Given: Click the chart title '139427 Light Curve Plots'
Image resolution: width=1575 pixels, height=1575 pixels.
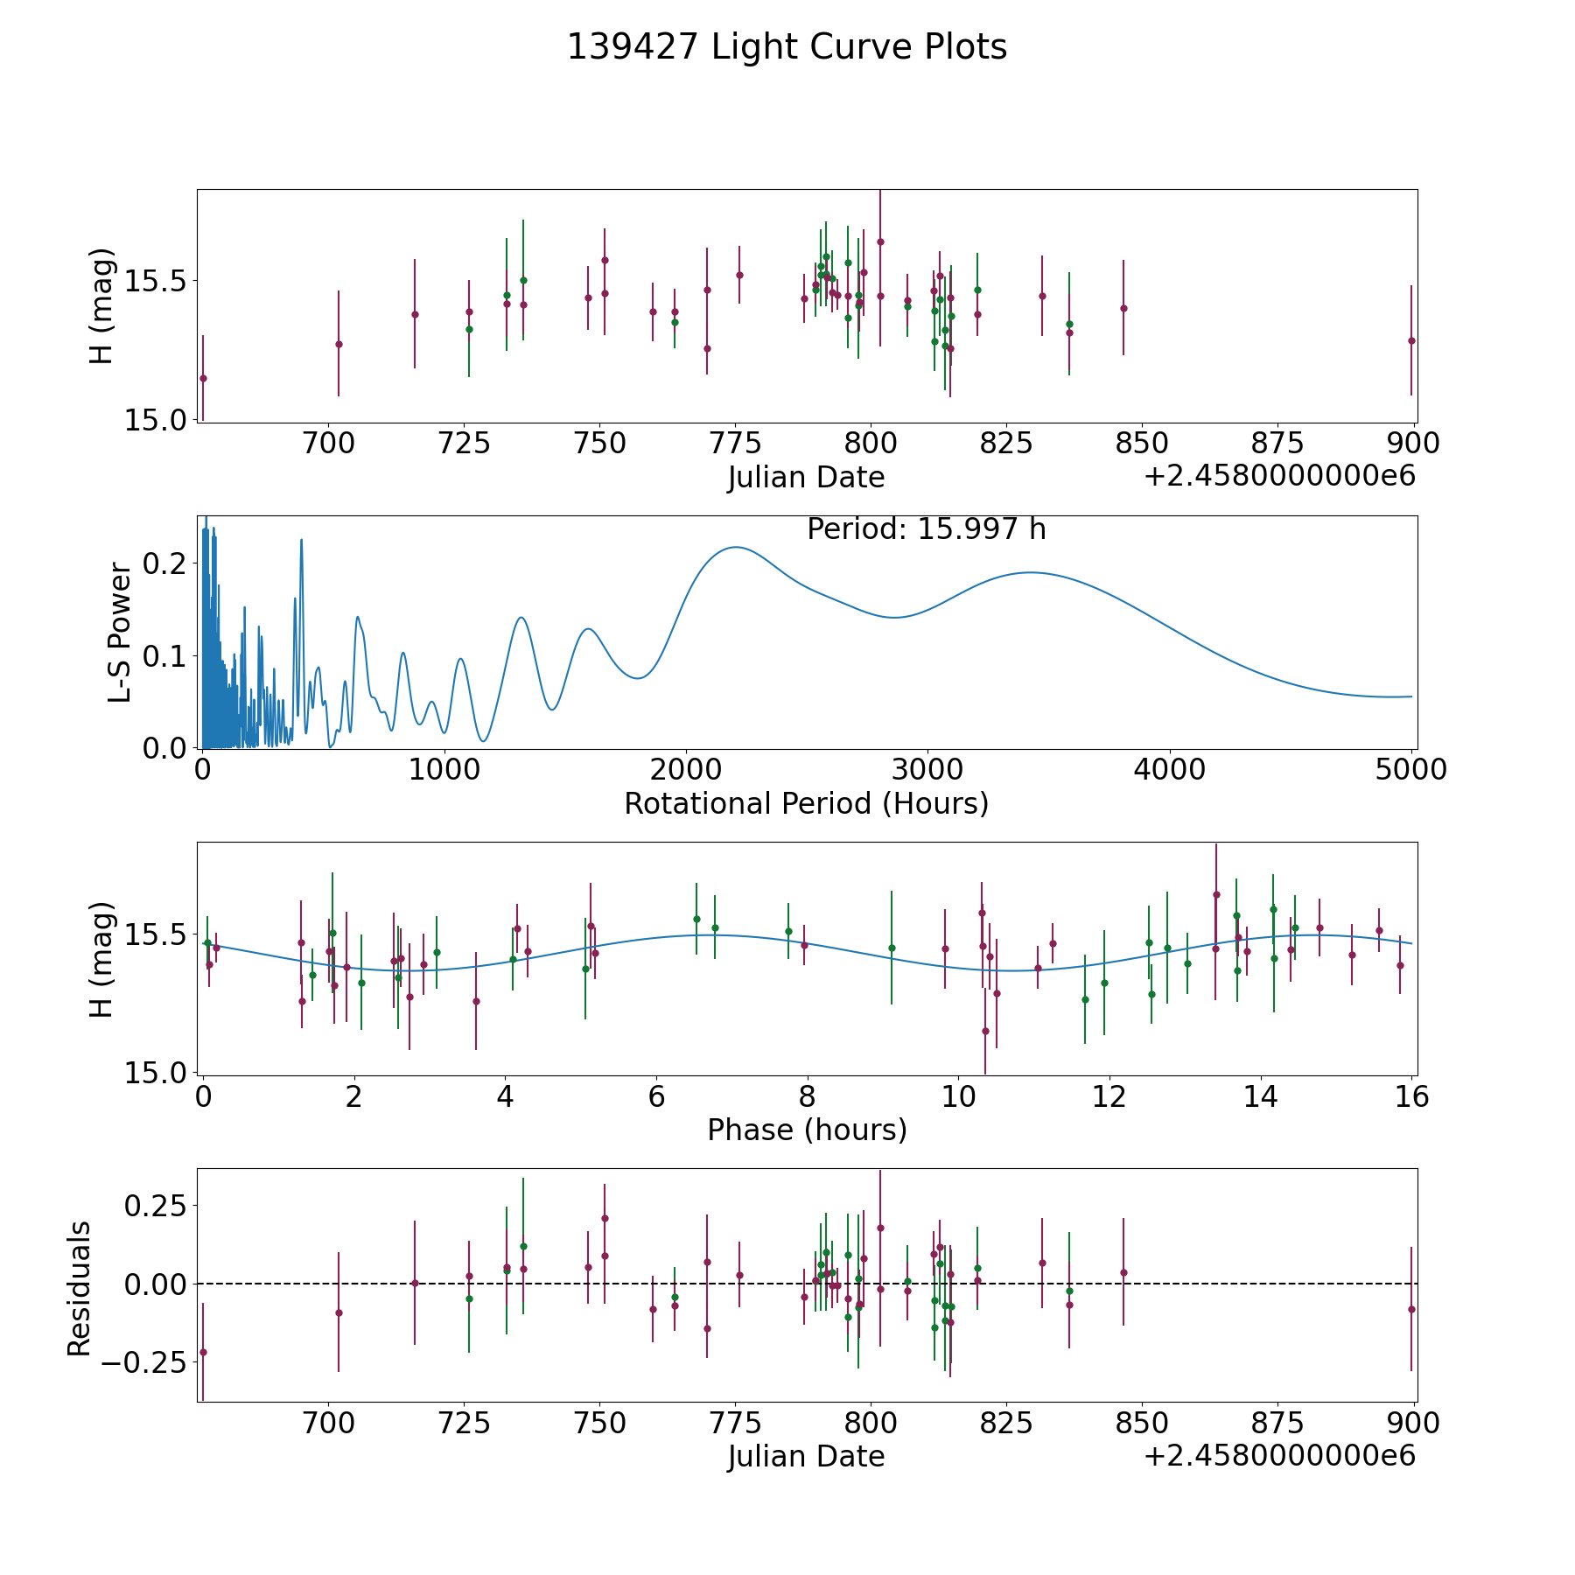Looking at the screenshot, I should [x=787, y=47].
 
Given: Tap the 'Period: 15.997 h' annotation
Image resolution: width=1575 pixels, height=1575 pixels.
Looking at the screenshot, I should [x=926, y=529].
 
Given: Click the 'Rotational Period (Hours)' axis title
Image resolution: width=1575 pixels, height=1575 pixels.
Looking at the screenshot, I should [x=806, y=803].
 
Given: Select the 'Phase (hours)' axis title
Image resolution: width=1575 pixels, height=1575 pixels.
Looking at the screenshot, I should [x=807, y=1130].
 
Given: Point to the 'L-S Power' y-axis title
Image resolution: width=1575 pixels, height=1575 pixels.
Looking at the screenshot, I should [x=120, y=633].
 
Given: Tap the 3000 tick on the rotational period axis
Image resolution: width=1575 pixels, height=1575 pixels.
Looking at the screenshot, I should [x=927, y=770].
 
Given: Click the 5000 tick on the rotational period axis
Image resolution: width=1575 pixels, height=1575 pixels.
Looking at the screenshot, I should [x=1410, y=770].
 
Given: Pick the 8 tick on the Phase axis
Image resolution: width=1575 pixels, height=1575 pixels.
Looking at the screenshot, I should [x=807, y=1096].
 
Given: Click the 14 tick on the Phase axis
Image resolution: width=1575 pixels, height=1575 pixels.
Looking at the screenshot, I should [x=1260, y=1096].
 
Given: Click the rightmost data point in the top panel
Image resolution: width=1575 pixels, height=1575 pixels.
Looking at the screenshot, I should [x=1411, y=340].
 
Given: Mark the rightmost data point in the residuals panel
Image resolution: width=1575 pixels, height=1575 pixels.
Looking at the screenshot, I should [x=1411, y=1309].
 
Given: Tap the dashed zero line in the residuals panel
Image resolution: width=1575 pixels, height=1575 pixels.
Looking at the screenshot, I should [x=1225, y=1284].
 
